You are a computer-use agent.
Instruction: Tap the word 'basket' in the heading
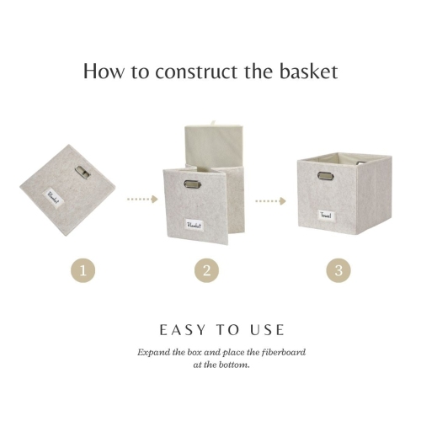coord(306,71)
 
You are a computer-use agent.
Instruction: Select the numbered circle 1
coord(82,270)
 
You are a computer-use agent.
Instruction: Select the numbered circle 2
coord(205,270)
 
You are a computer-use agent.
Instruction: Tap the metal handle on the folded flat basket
coord(83,171)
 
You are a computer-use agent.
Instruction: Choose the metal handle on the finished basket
coord(324,176)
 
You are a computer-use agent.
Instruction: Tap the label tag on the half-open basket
coord(196,224)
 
